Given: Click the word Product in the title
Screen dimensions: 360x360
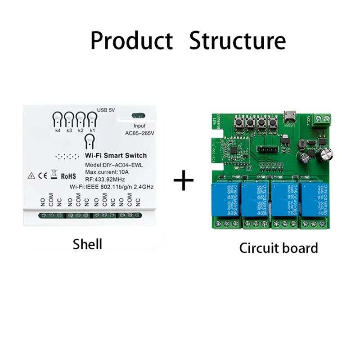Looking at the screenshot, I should point(131,40).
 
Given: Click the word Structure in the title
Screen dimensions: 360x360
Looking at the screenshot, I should point(237,40).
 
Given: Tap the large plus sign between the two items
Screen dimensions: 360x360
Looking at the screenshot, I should point(184,181).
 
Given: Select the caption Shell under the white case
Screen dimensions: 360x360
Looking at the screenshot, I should point(87,244).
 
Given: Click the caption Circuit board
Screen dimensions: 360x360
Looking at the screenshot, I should point(279,247).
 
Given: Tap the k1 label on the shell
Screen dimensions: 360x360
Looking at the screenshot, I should point(92,130).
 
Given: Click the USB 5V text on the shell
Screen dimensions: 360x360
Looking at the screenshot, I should point(107,110).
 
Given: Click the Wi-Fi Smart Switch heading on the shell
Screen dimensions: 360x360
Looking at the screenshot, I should point(116,155).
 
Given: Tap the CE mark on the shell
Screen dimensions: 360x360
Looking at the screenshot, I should point(40,176).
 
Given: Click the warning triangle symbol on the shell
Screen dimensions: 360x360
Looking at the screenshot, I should point(30,176).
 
